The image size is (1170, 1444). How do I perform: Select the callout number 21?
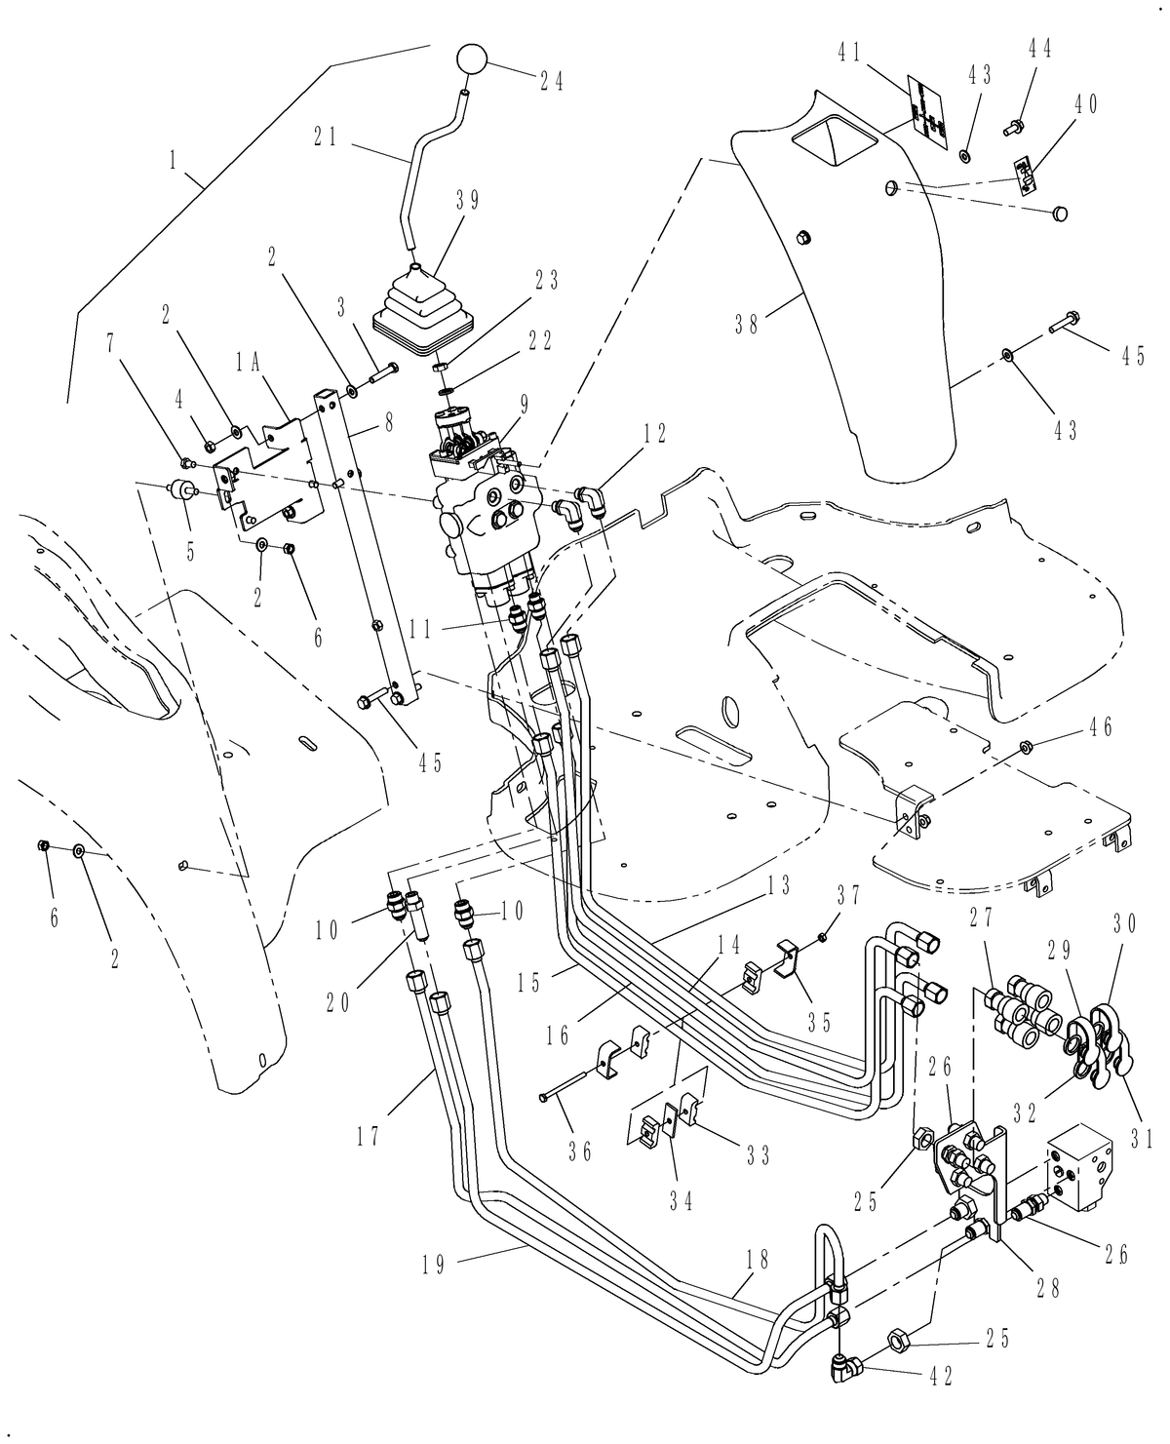point(326,137)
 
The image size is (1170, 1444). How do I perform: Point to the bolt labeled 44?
point(1014,125)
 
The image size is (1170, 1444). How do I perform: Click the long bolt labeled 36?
point(565,1082)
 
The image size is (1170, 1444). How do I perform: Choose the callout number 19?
point(435,1265)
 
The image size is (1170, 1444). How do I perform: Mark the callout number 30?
point(1126,924)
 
